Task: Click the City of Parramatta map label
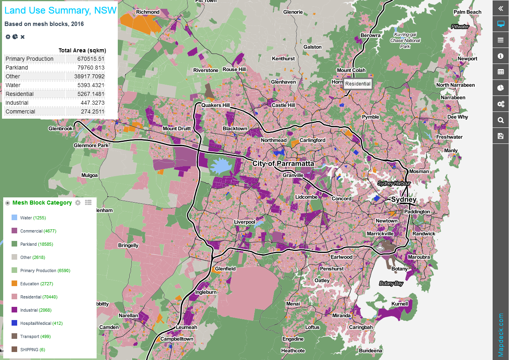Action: coord(283,164)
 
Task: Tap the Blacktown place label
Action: coord(235,129)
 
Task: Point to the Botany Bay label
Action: coord(391,283)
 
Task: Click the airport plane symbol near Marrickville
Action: coord(380,247)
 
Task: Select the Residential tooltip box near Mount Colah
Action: coord(358,84)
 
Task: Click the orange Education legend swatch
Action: coord(14,284)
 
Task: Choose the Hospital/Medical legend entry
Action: coord(41,323)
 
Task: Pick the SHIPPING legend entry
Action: coord(32,350)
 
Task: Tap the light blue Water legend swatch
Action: coord(14,218)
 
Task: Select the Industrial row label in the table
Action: coord(17,103)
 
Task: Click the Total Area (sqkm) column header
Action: coord(82,50)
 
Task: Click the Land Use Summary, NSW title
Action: coord(60,10)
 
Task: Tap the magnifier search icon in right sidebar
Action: coord(501,120)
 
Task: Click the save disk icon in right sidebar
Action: coord(501,136)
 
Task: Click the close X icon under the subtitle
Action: coord(23,37)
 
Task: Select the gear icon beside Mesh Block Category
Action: coord(78,203)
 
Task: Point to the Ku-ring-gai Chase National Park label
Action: coord(405,40)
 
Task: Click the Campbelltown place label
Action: coord(177,339)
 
